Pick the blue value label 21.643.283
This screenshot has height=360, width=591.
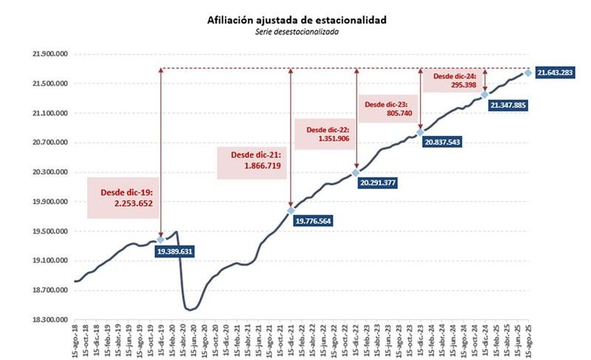pyautogui.click(x=555, y=72)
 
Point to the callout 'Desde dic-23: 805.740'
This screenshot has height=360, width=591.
pyautogui.click(x=388, y=110)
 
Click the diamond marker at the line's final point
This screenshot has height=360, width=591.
pyautogui.click(x=527, y=72)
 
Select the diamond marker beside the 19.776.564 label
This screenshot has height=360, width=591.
pyautogui.click(x=291, y=211)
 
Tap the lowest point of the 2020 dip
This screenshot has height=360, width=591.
pyautogui.click(x=189, y=310)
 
